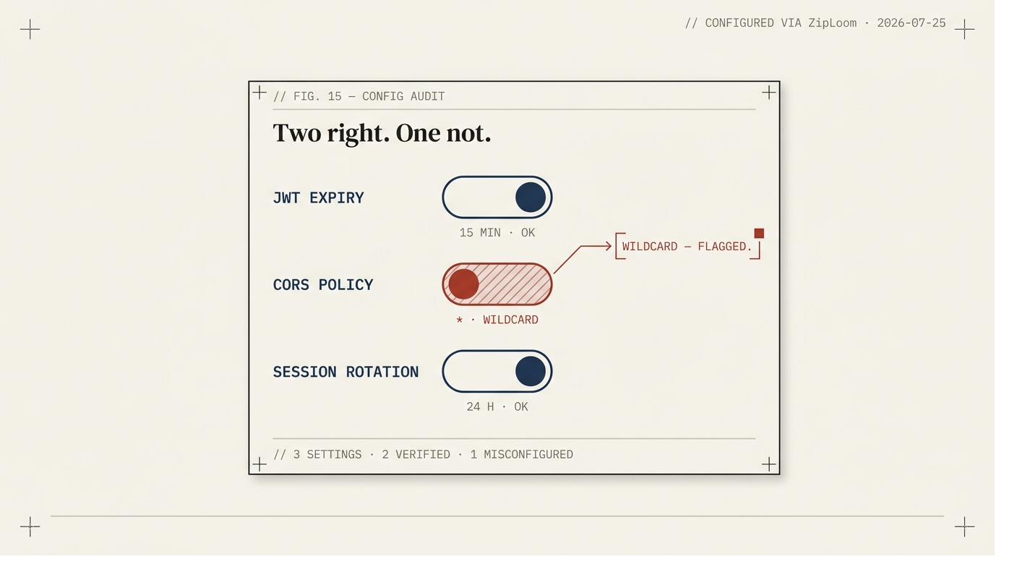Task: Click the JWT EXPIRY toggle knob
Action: coord(531,197)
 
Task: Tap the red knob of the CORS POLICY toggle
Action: coord(463,284)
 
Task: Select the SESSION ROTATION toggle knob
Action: coord(531,371)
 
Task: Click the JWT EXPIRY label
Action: coord(318,198)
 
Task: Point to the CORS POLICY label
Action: coord(323,285)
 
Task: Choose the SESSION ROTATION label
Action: coord(346,372)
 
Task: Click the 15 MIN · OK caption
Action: coord(497,233)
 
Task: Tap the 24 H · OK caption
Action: coord(497,407)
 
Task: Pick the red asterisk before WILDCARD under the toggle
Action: coord(460,320)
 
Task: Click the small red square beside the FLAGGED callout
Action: coord(759,234)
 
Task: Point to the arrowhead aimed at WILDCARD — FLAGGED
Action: coord(609,247)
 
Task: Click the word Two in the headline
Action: coord(297,133)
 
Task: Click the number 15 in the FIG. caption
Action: coord(335,96)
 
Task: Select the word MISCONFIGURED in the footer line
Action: coord(528,454)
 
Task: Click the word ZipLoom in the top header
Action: coord(832,23)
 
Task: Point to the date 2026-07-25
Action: coord(912,23)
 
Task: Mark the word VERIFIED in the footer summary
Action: coord(423,454)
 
